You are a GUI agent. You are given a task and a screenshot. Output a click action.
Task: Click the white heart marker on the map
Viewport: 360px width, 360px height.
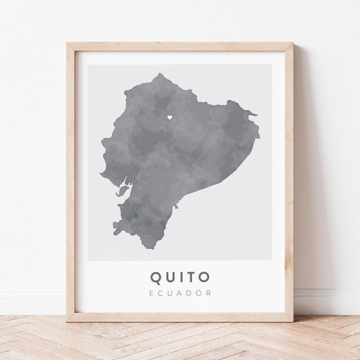(x=169, y=117)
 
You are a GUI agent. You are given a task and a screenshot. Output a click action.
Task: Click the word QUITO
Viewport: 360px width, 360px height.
(x=180, y=277)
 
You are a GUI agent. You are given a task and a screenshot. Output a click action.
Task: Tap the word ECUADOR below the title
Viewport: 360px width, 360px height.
(x=180, y=293)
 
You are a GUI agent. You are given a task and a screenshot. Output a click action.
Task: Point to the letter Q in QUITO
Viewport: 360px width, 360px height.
(x=157, y=277)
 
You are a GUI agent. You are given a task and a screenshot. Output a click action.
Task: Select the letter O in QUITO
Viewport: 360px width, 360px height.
(x=203, y=277)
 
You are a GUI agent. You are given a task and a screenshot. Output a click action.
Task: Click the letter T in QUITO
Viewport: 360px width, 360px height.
(x=191, y=277)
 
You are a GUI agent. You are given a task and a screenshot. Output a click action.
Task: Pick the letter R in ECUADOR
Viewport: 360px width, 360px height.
(x=209, y=293)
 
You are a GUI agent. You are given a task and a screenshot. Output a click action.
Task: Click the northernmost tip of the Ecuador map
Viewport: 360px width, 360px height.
(x=160, y=74)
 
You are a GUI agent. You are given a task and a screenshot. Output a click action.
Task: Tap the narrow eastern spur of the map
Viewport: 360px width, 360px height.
(x=254, y=115)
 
